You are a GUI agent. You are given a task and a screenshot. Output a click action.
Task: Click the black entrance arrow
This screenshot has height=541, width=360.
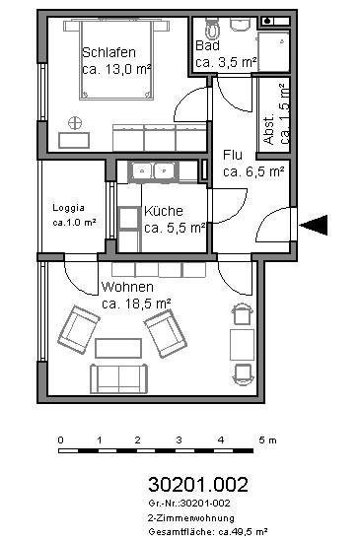(x=314, y=225)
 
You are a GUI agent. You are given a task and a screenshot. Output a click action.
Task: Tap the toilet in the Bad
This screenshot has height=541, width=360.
(x=211, y=28)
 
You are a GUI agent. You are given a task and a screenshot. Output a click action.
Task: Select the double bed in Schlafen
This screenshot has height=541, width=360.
(x=116, y=60)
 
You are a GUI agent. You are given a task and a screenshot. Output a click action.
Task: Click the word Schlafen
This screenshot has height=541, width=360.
(x=108, y=52)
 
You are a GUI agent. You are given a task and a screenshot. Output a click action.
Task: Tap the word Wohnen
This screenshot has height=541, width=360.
(x=127, y=287)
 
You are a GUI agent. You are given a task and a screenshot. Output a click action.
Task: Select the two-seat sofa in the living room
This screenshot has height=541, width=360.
(x=118, y=378)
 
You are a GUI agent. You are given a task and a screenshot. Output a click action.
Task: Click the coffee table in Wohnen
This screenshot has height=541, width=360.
(x=118, y=348)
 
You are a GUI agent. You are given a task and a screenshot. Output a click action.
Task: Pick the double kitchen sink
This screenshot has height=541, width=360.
(x=154, y=170)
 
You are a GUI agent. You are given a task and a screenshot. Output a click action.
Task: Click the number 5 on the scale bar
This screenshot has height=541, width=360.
(x=261, y=440)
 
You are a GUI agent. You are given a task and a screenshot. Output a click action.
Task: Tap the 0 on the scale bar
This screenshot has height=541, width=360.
(x=61, y=440)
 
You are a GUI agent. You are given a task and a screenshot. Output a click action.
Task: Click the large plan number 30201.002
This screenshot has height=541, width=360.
(x=198, y=484)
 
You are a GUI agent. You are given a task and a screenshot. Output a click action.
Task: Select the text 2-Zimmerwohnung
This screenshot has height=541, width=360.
(x=191, y=518)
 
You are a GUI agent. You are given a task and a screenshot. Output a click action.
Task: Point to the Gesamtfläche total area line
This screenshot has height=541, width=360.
(x=208, y=532)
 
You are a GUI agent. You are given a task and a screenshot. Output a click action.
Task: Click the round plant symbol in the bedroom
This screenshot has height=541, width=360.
(x=75, y=123)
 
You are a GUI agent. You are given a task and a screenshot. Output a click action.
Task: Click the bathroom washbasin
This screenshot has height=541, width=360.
(x=240, y=25)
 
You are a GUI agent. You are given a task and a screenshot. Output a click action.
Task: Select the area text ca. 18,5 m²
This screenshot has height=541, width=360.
(x=136, y=304)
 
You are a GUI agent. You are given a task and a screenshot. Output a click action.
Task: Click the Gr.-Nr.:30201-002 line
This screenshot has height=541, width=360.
(x=189, y=503)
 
